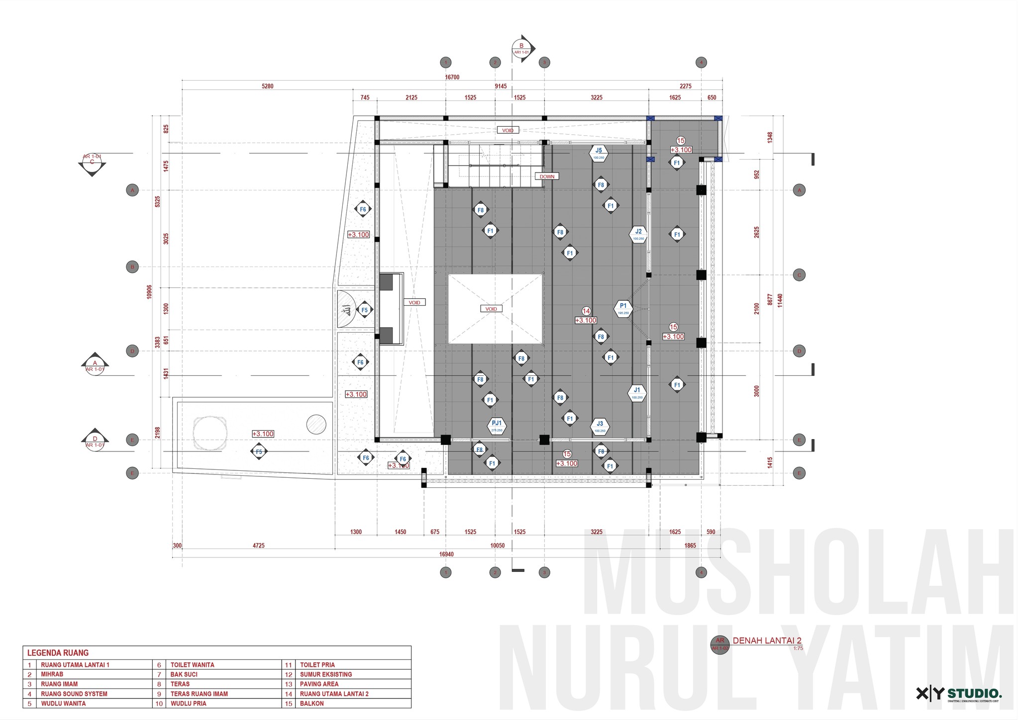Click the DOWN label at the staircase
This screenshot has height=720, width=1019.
(547, 177)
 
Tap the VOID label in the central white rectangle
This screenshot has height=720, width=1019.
(491, 309)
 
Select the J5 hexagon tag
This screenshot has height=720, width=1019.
(599, 153)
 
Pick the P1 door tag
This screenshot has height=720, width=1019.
(623, 308)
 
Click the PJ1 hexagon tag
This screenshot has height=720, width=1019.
(497, 425)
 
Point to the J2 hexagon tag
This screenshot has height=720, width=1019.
(638, 234)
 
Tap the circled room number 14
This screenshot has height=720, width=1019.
(586, 311)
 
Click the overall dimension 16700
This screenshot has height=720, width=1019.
(452, 77)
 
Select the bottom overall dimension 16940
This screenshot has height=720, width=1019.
(446, 554)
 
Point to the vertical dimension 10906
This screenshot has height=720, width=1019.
(149, 292)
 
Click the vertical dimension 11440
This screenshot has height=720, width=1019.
(780, 300)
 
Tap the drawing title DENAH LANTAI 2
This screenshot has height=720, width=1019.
(767, 641)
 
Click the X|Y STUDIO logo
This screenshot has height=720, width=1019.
(959, 694)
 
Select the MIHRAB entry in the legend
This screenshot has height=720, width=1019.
(52, 675)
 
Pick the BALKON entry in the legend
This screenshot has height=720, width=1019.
(311, 704)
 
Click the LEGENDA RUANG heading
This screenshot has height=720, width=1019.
(58, 653)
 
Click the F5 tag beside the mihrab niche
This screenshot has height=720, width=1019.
(364, 310)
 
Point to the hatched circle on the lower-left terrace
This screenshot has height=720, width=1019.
(316, 424)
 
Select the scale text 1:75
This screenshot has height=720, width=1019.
(798, 648)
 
